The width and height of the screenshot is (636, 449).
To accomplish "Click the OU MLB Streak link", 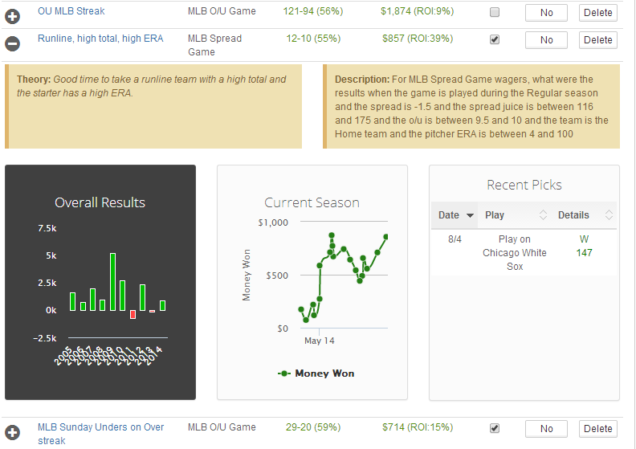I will [71, 12].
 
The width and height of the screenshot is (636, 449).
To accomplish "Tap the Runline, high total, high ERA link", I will [100, 39].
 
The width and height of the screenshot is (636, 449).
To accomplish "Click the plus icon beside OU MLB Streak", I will [13, 14].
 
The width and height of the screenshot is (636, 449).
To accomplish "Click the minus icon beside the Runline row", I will [13, 40].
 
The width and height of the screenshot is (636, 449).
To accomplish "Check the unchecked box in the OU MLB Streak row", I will [495, 13].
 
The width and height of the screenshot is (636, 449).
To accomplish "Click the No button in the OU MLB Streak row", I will [546, 13].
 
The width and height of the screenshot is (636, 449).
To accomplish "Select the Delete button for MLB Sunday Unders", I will [597, 429].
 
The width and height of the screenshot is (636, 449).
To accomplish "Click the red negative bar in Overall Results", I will [133, 314].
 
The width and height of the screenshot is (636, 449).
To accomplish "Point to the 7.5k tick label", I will [47, 229].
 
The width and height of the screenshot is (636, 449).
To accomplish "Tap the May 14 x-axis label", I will [319, 341].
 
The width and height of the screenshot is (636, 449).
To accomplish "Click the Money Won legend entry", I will [316, 373].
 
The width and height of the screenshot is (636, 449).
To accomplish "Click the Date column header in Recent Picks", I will [450, 215].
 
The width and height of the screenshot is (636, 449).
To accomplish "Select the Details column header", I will [573, 215].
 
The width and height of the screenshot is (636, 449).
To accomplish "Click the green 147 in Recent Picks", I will [584, 253].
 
